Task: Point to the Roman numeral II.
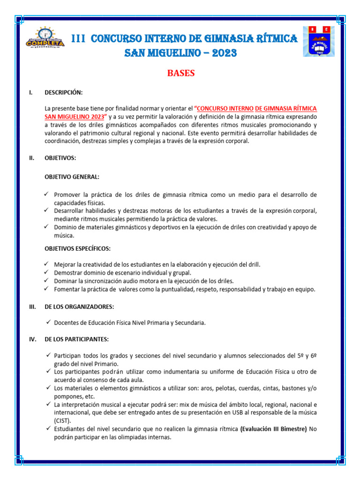tap(31, 158)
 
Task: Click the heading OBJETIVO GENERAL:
tap(72, 177)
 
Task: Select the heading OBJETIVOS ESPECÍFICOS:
tap(77, 248)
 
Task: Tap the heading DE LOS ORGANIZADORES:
tap(79, 307)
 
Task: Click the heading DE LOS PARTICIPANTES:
tap(77, 339)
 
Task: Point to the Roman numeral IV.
tap(32, 339)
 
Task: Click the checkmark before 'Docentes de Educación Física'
tap(48, 322)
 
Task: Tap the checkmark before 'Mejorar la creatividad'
tap(47, 264)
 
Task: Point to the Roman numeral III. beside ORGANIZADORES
tap(32, 307)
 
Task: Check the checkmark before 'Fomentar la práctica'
tap(47, 289)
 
